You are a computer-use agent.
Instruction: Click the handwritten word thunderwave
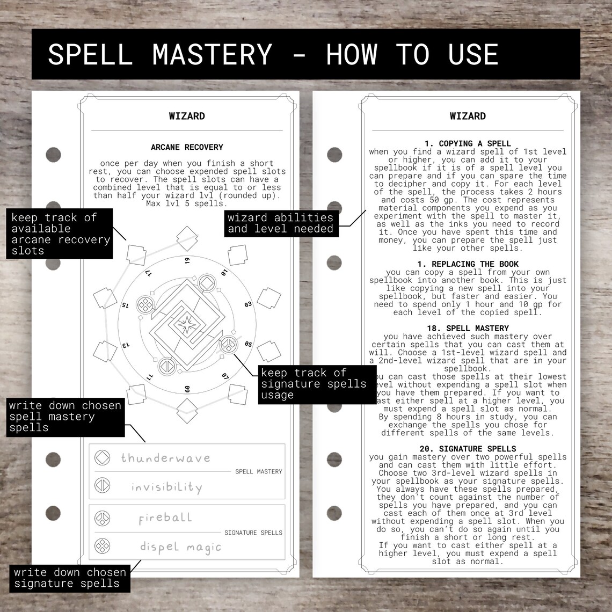(165, 458)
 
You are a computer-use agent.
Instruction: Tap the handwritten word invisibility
(166, 487)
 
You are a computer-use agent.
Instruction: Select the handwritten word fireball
(165, 518)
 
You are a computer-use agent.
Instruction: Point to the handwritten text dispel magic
(180, 547)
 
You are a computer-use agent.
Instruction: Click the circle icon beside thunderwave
(102, 457)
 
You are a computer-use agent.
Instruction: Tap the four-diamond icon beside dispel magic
(102, 547)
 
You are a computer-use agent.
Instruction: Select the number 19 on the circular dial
(187, 261)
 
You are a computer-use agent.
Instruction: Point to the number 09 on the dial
(187, 389)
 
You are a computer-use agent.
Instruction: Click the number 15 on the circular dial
(125, 305)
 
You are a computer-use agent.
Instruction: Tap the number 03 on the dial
(248, 304)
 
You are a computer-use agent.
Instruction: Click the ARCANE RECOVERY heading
(187, 147)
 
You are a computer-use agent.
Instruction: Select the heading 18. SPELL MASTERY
(462, 328)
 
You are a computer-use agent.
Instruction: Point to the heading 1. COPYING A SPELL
(468, 143)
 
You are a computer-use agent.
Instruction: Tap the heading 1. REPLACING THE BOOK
(468, 264)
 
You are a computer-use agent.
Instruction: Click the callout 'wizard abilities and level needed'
(280, 223)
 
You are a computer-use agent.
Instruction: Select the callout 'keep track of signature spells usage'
(314, 384)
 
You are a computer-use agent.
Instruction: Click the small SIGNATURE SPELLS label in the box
(253, 533)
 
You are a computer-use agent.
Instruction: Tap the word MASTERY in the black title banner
(212, 54)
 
